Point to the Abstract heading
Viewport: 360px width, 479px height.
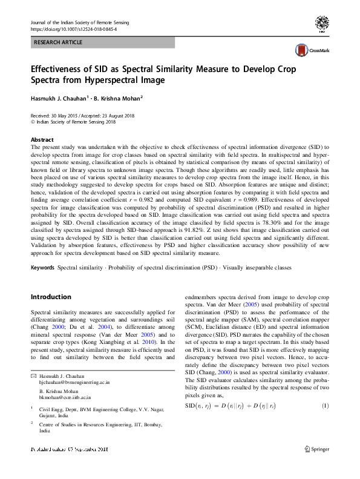pos(42,139)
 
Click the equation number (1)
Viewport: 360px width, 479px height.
pos(325,405)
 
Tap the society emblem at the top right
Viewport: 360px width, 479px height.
pos(322,24)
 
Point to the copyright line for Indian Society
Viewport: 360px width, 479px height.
pos(73,122)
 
